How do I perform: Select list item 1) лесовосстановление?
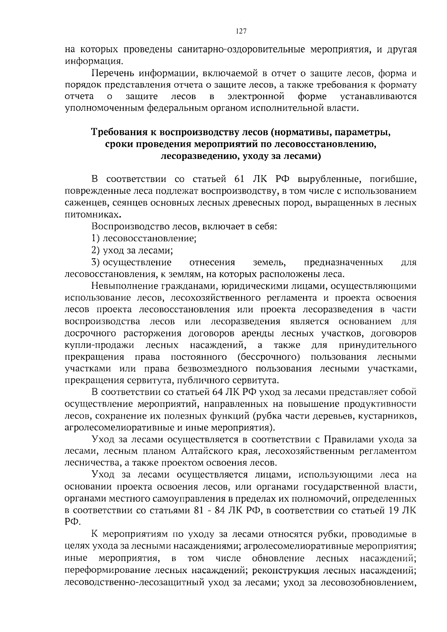(x=144, y=238)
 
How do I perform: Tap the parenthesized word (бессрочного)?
(x=269, y=357)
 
